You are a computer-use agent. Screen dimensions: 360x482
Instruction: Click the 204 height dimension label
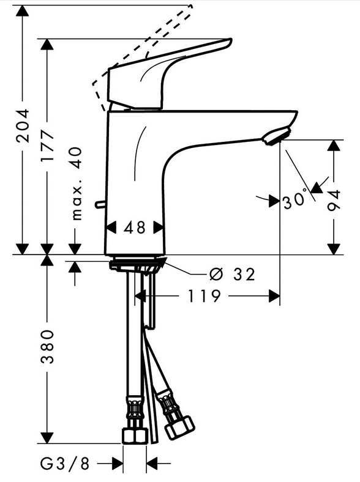coord(23,125)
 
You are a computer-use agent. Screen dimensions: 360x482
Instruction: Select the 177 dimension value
coord(47,146)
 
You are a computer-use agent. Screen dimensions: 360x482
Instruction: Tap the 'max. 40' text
coord(76,184)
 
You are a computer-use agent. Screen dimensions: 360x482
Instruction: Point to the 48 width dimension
coord(135,228)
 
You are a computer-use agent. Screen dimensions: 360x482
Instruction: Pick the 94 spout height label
coord(334,201)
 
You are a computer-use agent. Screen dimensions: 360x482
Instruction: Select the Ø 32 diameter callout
coord(232,274)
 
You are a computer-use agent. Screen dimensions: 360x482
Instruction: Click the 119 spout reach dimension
coord(204,296)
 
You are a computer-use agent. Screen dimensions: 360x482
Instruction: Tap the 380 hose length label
coord(47,347)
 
